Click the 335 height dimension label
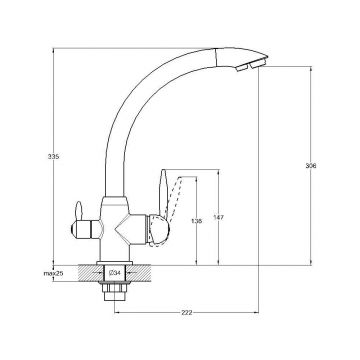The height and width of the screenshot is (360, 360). pyautogui.click(x=53, y=156)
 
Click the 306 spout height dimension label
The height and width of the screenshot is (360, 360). pyautogui.click(x=311, y=166)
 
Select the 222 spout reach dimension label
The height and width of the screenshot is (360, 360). pyautogui.click(x=187, y=313)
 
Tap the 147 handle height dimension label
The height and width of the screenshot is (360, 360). pyautogui.click(x=219, y=218)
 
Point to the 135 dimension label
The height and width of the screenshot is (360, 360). pyautogui.click(x=197, y=221)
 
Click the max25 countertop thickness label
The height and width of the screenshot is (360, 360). pyautogui.click(x=53, y=273)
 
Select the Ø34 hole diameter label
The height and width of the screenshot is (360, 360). pyautogui.click(x=115, y=273)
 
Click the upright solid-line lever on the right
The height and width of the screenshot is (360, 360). pyautogui.click(x=163, y=193)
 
